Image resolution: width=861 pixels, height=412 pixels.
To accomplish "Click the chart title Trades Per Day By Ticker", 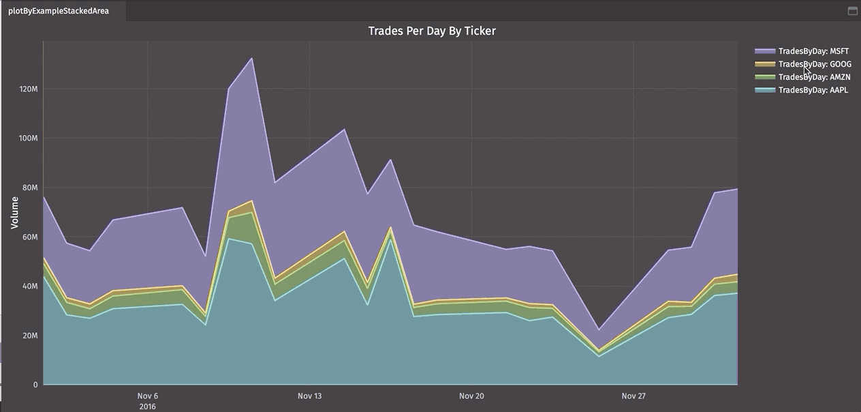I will click(x=432, y=31).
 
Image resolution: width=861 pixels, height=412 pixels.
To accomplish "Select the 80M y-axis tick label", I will click(x=29, y=188).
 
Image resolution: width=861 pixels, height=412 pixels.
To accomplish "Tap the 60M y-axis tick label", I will click(x=29, y=237).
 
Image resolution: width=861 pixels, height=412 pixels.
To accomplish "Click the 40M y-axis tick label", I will click(x=29, y=286).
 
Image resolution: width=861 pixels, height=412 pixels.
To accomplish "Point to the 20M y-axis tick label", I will click(x=29, y=336).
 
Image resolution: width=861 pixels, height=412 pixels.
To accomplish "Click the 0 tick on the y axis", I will click(x=35, y=385).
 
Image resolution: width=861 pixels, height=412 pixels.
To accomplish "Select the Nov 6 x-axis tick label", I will click(x=148, y=396).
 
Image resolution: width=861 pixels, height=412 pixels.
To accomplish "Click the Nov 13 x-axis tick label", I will click(x=310, y=396).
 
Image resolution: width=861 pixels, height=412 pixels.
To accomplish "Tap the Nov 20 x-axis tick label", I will click(x=471, y=396).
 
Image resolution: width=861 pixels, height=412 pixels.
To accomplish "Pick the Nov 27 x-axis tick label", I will click(x=633, y=396).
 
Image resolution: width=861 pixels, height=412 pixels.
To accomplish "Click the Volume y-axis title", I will click(x=14, y=212).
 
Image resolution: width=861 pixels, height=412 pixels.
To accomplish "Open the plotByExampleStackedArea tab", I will click(x=59, y=11).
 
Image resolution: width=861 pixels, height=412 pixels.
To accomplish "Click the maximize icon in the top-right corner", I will click(x=852, y=11).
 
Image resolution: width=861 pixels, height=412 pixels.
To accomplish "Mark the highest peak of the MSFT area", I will click(x=253, y=58).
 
